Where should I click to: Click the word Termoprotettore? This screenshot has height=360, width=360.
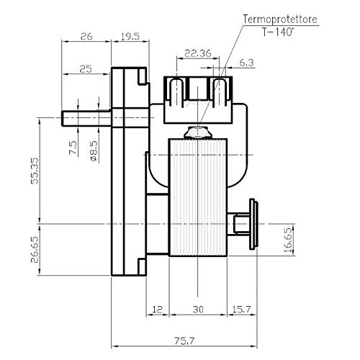pos(280,19)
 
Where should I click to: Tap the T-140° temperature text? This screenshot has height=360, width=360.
pos(278,32)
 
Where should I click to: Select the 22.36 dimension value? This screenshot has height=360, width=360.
pos(198,53)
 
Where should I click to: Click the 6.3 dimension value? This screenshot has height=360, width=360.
pos(247,63)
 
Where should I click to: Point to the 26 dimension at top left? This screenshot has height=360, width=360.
pos(86,37)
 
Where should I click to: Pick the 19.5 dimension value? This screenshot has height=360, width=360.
pos(130,37)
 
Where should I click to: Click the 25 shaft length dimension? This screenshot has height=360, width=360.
pos(86,69)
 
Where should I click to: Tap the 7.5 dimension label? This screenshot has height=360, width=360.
pos(73,148)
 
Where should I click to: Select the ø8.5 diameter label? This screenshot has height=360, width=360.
pos(94,150)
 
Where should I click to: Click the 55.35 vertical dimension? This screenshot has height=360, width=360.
pos(35,171)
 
